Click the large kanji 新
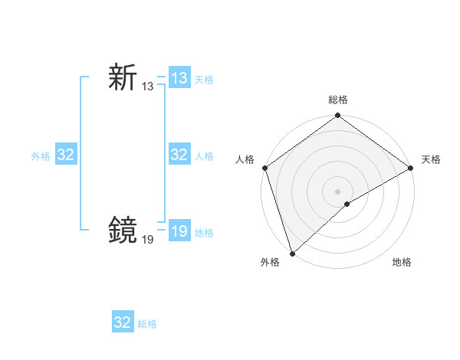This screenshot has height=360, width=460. (123, 78)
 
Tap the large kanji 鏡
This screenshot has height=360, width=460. (123, 229)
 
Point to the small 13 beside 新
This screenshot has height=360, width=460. (147, 87)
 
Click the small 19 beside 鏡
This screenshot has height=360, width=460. (147, 239)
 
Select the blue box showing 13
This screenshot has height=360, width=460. (179, 78)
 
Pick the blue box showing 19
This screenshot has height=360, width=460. (179, 231)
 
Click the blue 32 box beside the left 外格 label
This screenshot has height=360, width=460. (66, 155)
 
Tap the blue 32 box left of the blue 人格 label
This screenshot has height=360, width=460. (179, 155)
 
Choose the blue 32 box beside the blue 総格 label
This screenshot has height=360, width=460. (123, 322)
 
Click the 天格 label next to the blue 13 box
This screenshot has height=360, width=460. (204, 80)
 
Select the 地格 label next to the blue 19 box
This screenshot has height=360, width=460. (204, 232)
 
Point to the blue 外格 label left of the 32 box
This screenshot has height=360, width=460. (41, 156)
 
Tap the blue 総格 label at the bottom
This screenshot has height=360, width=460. (147, 324)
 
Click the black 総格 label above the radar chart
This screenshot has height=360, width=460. (338, 100)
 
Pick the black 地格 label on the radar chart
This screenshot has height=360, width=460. (402, 262)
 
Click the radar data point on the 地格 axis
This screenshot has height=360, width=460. (347, 204)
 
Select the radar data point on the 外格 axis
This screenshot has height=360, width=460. (292, 254)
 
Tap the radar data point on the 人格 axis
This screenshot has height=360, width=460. (264, 168)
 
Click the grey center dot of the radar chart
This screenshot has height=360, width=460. (338, 191)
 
